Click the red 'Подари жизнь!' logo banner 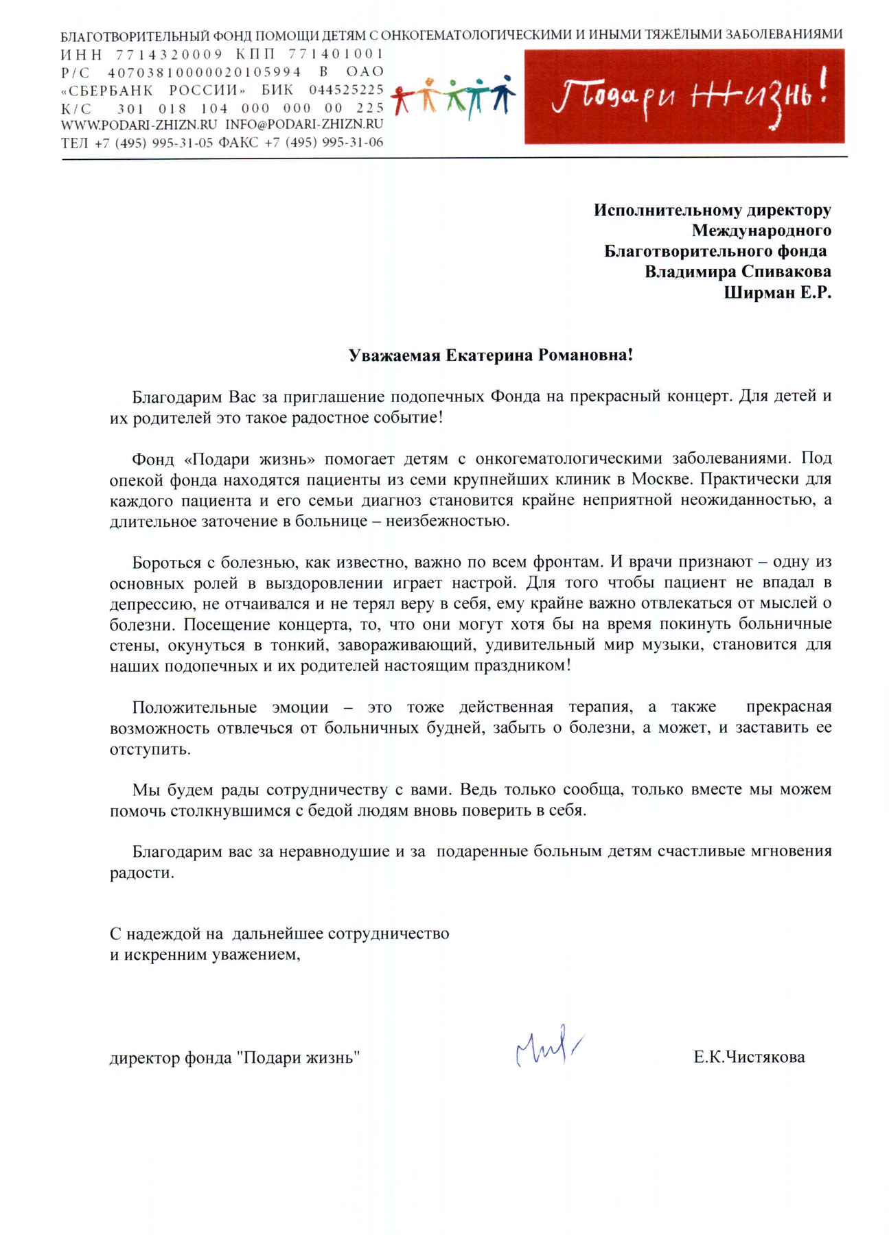(x=684, y=96)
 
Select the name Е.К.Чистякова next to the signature (x=748, y=1057)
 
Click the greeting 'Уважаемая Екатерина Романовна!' (x=490, y=355)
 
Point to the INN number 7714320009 (x=169, y=54)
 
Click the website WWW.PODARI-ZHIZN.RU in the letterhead (x=139, y=125)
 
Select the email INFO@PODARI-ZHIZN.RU (x=304, y=125)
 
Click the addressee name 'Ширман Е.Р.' (x=777, y=293)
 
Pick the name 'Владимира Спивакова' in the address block (x=737, y=272)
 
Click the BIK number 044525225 (x=346, y=90)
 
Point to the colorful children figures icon (x=453, y=97)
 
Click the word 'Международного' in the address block (x=761, y=231)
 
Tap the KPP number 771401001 (x=336, y=54)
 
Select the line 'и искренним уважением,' (x=205, y=954)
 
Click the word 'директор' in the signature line (x=144, y=1058)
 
